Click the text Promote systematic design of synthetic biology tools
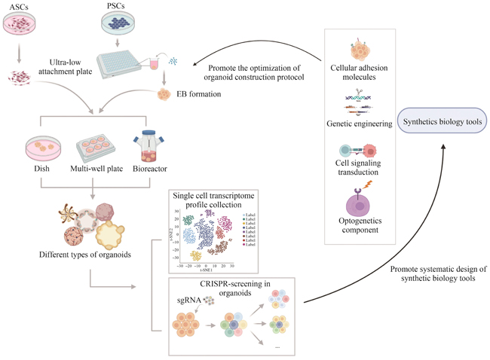coord(431,273)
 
